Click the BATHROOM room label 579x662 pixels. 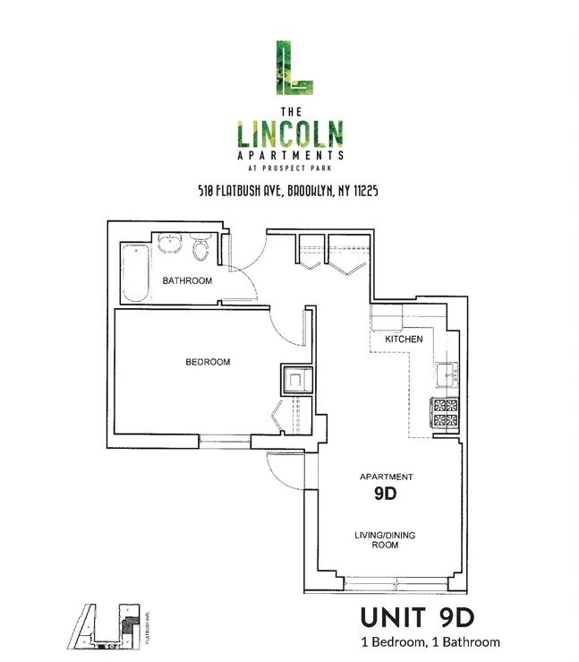[x=187, y=280]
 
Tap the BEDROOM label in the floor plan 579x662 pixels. [x=208, y=362]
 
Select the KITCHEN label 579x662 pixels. [x=404, y=339]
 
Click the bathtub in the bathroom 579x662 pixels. [x=136, y=272]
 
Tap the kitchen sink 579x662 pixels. [x=447, y=374]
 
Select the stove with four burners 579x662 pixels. [x=445, y=412]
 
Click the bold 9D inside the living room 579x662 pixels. [x=386, y=494]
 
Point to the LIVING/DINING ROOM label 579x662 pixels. [x=385, y=540]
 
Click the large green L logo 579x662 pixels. [x=294, y=67]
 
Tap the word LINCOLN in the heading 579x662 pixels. [x=290, y=133]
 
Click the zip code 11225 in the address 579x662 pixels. [x=366, y=191]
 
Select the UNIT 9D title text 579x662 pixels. [x=418, y=618]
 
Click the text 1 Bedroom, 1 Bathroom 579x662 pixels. [x=430, y=642]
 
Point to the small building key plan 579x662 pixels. [x=109, y=626]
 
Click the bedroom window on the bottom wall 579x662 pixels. [x=225, y=442]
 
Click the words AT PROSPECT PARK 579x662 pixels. [x=290, y=168]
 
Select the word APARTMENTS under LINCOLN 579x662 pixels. [x=290, y=155]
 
